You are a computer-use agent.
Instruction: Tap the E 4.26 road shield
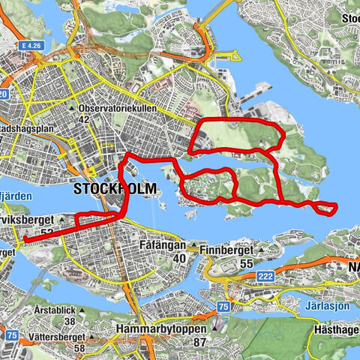coord(31,46)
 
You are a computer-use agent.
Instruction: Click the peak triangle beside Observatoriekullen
coord(71,108)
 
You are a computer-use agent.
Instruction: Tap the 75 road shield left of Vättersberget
coord(11,335)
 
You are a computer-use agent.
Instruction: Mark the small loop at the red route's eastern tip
coord(325,208)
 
